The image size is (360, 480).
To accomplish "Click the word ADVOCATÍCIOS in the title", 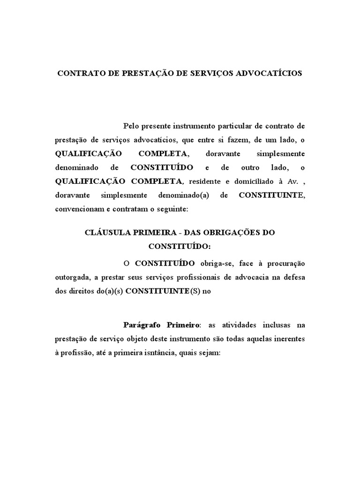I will click(x=272, y=74).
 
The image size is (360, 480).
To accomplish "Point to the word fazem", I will click(x=234, y=140).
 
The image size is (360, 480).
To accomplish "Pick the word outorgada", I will click(x=72, y=277).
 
